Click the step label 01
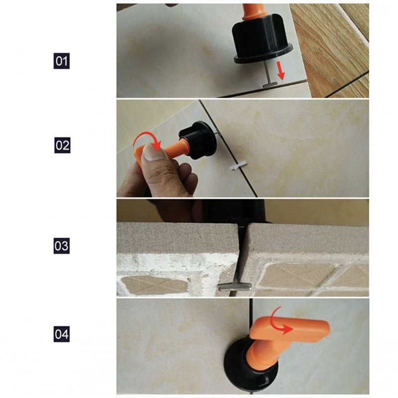pos(61,61)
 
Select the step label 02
pos(62,145)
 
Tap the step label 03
pos(61,246)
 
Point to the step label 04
pos(61,334)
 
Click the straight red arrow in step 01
pos(280,71)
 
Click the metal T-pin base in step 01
pos(270,85)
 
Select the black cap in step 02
pos(198,140)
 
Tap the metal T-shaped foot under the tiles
pos(235,287)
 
